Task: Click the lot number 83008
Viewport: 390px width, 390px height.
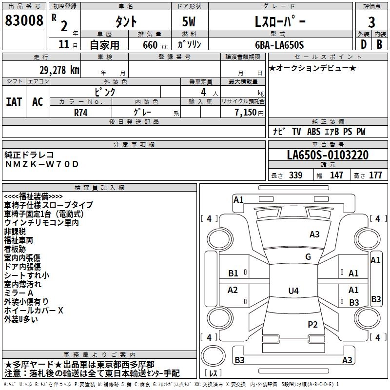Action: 24,21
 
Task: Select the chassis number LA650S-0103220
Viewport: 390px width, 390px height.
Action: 328,155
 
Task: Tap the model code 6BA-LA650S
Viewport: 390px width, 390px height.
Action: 279,45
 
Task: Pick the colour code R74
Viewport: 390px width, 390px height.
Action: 81,112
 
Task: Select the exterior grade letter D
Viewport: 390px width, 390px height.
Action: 363,44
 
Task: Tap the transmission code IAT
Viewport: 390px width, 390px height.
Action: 14,101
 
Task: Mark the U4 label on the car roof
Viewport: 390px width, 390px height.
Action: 293,291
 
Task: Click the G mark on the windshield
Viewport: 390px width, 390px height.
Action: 308,257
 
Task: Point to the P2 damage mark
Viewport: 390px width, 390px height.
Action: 312,324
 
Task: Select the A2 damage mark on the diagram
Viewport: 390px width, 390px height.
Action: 233,290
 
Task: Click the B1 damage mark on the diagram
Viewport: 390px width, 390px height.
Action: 234,273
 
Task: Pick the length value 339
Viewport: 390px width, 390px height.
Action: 295,175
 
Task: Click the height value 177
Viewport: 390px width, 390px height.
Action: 375,175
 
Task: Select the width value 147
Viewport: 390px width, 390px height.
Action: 336,175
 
